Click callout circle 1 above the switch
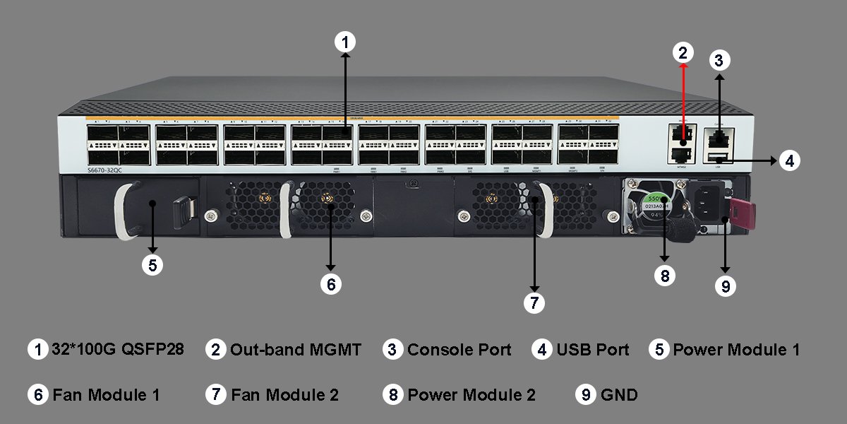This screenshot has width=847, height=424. [344, 42]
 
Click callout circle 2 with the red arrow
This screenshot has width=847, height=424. [683, 52]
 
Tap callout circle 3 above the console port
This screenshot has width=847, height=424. [719, 61]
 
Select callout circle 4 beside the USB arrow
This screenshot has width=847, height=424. [790, 161]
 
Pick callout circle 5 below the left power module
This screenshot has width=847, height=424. [152, 265]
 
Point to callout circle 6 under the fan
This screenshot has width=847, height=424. [330, 284]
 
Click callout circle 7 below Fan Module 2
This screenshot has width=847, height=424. [534, 303]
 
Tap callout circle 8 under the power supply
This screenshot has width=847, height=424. [664, 275]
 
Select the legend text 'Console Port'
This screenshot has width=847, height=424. [459, 350]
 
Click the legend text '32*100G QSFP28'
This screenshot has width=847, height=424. [118, 349]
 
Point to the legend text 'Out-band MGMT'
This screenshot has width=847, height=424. [296, 350]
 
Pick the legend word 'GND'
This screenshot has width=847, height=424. [619, 395]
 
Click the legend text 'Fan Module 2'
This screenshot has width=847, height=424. [284, 395]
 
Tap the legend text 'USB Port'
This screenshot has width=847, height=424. [592, 350]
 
